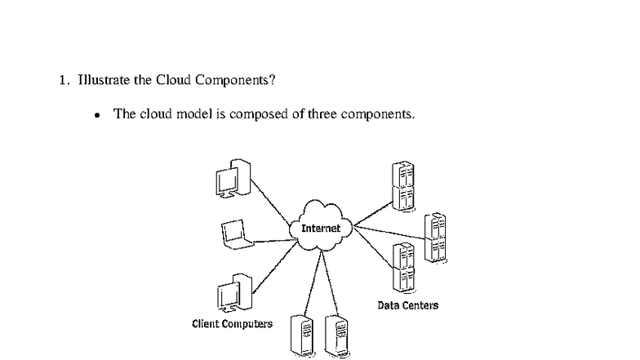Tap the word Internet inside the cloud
click(x=321, y=229)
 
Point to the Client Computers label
click(x=232, y=324)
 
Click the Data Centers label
click(x=407, y=305)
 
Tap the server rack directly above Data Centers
click(x=402, y=268)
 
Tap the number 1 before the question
click(x=62, y=81)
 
